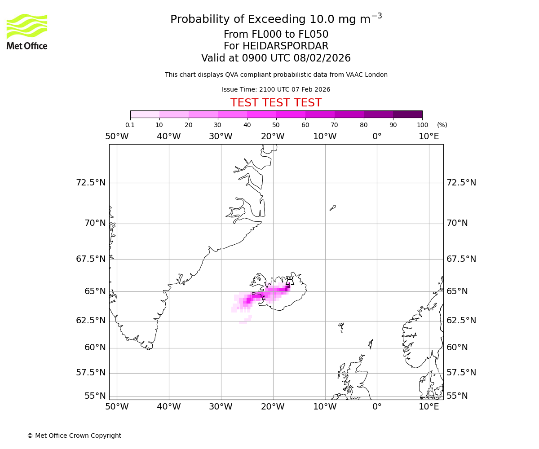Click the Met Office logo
tap(27, 31)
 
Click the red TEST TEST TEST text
tap(276, 103)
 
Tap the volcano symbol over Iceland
tap(290, 281)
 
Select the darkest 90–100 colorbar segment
tap(407, 114)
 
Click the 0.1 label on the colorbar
tap(130, 125)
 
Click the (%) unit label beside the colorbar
tap(442, 125)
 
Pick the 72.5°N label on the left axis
tap(91, 183)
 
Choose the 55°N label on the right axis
tap(457, 396)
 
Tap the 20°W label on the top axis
tap(273, 136)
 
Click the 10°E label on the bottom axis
tap(429, 407)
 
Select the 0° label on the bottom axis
tap(377, 407)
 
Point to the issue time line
tap(276, 90)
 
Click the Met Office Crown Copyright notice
tap(74, 436)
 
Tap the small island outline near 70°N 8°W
tap(332, 207)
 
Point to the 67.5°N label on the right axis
tap(461, 259)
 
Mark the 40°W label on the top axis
tap(169, 136)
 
